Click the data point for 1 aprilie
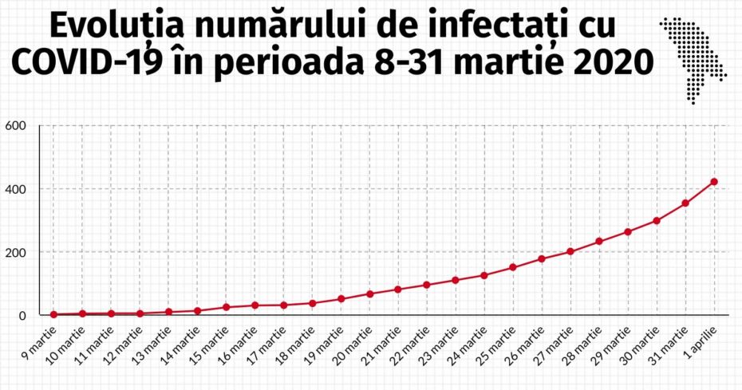pos(714,182)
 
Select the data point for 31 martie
pos(685,203)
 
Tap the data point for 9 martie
pos(53,314)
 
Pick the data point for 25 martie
pos(513,267)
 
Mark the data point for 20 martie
pos(369,294)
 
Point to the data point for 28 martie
pos(599,242)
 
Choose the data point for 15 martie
pos(226,307)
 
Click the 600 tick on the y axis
pos(16,126)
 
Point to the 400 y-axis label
pos(16,189)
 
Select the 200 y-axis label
pos(16,252)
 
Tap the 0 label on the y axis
pos(22,315)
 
